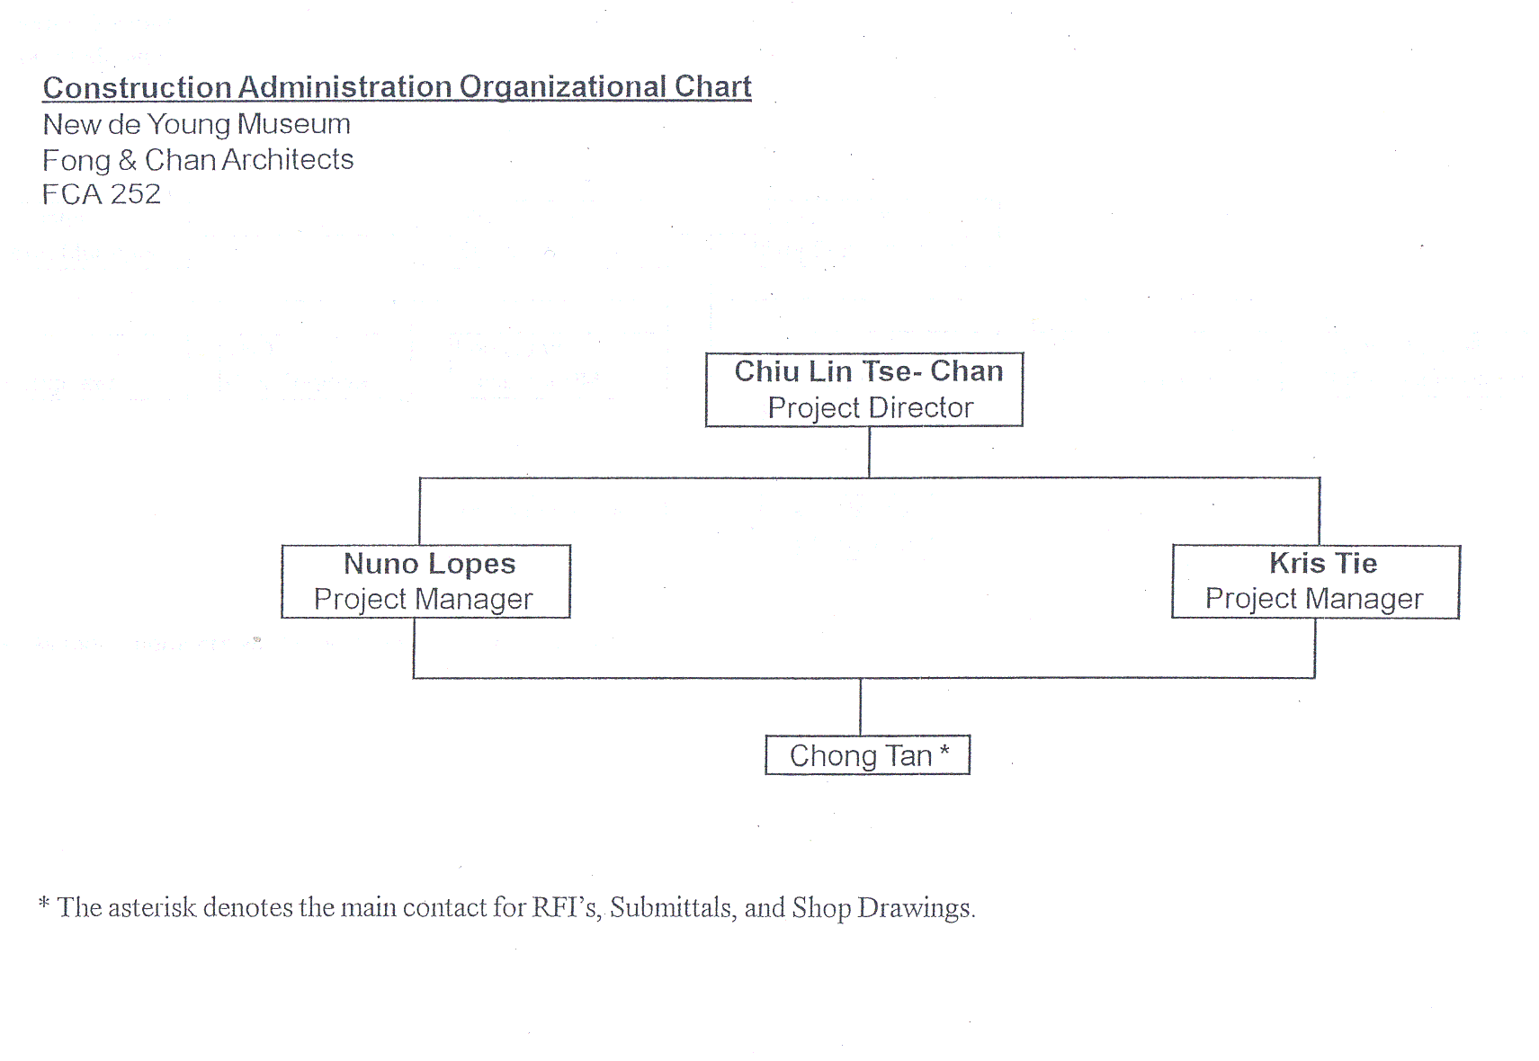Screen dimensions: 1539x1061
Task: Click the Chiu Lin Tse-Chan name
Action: pos(868,371)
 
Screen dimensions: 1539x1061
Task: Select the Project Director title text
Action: pos(871,408)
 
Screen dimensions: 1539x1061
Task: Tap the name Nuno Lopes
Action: pos(429,564)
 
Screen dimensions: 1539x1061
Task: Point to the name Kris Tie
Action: pos(1323,563)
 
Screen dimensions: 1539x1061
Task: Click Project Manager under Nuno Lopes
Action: pos(424,600)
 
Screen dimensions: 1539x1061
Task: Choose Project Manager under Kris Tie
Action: pos(1313,599)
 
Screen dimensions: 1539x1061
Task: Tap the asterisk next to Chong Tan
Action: pos(944,751)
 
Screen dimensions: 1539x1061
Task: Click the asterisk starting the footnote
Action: pos(44,903)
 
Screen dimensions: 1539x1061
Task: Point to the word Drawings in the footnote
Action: pos(917,908)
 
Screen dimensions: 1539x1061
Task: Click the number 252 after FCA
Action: pos(135,194)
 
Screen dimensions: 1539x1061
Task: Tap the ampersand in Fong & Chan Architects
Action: pos(127,160)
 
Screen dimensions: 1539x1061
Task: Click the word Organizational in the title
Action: pos(563,88)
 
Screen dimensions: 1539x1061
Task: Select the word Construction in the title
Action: pos(137,87)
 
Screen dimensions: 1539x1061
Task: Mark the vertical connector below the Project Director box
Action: pos(869,452)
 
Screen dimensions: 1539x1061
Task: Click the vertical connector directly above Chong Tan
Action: pos(860,707)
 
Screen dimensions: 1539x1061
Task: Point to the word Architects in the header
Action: pos(288,160)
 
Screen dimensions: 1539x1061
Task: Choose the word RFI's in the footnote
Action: pos(568,908)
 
